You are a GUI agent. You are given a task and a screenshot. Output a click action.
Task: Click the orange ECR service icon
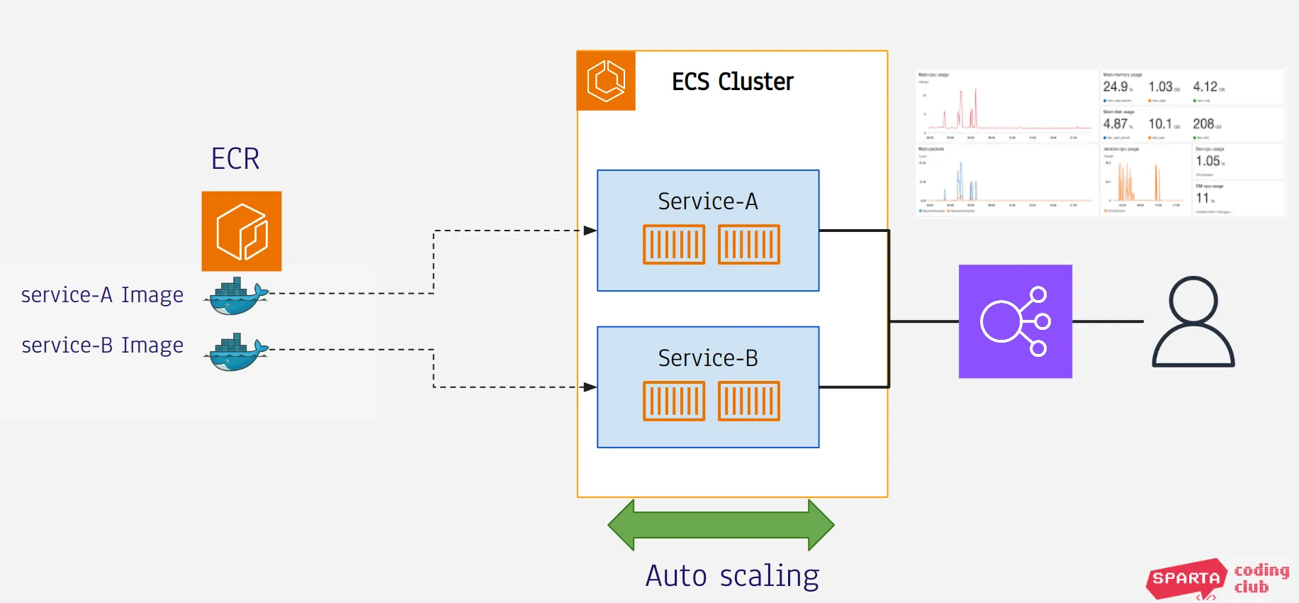pos(241,231)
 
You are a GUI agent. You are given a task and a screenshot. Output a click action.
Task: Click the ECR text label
pos(235,158)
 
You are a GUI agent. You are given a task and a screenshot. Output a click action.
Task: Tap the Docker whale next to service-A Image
pos(236,297)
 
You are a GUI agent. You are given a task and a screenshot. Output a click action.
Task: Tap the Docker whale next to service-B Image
pos(236,353)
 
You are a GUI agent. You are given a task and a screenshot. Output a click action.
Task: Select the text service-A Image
pos(102,294)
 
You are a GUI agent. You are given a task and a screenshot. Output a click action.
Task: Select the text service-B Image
pos(102,345)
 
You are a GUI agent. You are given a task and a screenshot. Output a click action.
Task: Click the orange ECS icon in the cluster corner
pos(606,81)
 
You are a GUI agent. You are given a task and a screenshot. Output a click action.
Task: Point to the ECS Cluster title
pos(732,82)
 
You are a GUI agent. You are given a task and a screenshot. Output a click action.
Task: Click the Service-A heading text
pos(707,201)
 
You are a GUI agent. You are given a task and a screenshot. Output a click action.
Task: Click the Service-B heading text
pos(707,358)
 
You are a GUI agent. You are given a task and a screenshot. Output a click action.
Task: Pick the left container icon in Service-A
pos(673,245)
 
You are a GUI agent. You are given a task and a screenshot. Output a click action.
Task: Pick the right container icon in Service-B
pos(748,402)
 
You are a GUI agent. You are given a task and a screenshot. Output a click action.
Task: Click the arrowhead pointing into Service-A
pos(590,231)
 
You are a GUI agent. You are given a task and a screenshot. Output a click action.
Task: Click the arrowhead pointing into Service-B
pos(590,387)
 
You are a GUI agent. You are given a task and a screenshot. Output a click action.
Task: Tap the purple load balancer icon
pos(1015,321)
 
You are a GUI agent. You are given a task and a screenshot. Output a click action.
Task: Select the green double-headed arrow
pos(721,525)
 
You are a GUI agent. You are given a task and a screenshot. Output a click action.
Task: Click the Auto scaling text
pos(732,575)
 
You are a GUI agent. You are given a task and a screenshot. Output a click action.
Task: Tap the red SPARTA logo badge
pos(1186,578)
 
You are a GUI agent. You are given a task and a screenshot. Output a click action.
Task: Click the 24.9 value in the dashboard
pos(1115,87)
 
